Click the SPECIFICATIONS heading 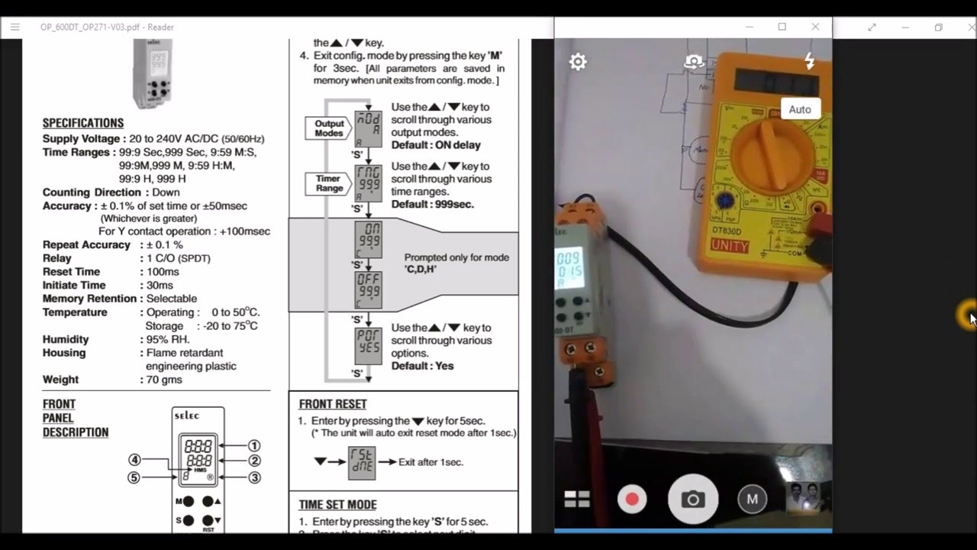[82, 123]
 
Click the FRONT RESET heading [333, 404]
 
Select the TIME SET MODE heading [337, 505]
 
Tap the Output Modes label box [329, 128]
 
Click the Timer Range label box [329, 183]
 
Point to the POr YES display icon [368, 346]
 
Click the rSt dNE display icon [361, 463]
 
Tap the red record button [632, 500]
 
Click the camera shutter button [692, 500]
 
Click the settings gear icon [578, 62]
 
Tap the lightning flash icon [809, 61]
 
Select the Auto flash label [799, 109]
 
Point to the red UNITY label [729, 246]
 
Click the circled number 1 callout [254, 445]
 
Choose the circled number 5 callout [134, 478]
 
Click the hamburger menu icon [15, 27]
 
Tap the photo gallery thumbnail [805, 497]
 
